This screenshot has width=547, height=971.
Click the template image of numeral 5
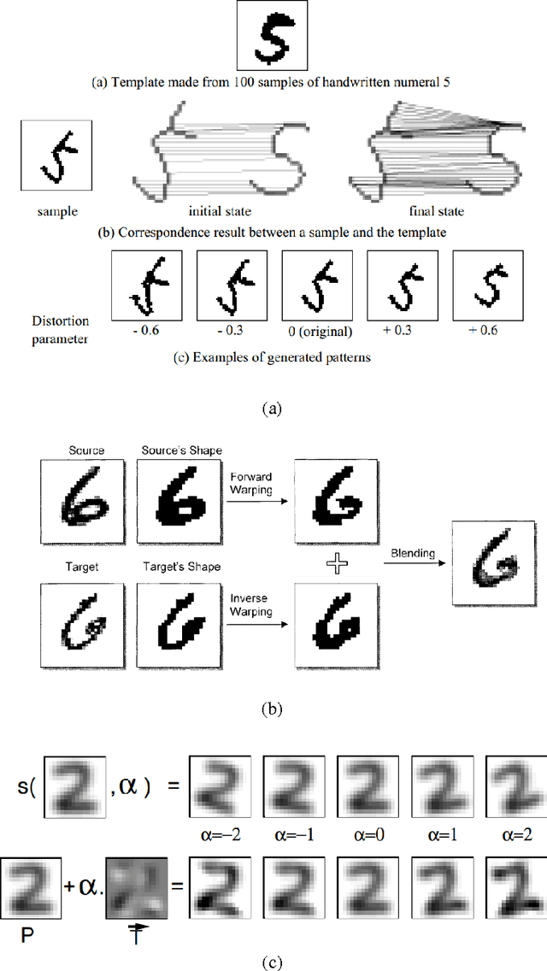[273, 38]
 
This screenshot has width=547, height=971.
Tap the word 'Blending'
[412, 553]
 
